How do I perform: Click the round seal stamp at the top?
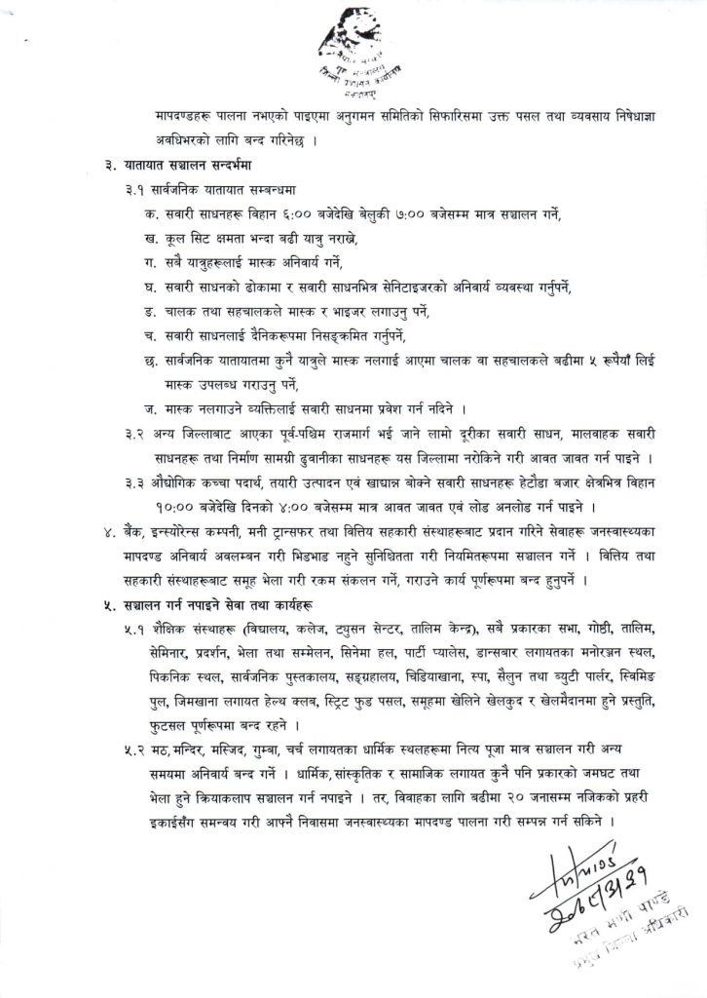click(x=353, y=54)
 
